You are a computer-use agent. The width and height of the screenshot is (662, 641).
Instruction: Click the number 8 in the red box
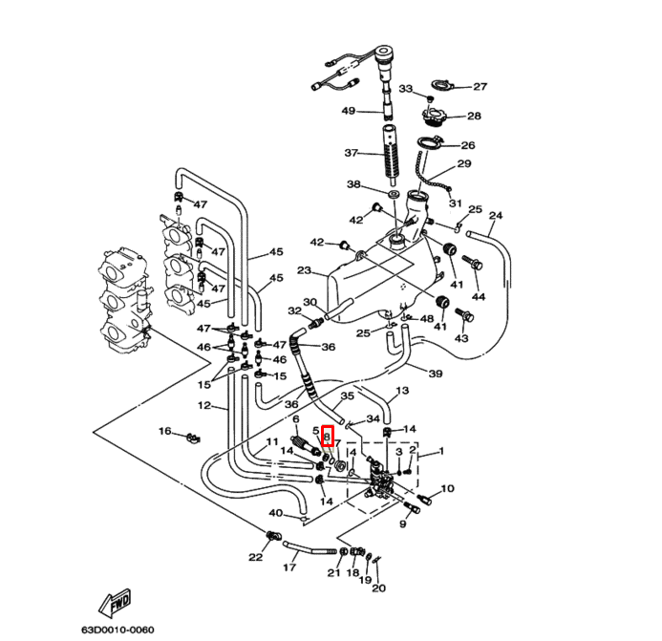point(327,437)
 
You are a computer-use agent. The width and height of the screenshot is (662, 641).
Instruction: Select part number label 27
point(479,86)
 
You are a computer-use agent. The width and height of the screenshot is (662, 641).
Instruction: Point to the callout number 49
point(349,111)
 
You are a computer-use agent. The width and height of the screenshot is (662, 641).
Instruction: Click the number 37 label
point(351,153)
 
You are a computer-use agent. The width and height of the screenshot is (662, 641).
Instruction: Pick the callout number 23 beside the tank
point(304,270)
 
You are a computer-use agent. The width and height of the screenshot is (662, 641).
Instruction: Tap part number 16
point(164,432)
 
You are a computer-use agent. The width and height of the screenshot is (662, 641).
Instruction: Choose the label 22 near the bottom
point(255,557)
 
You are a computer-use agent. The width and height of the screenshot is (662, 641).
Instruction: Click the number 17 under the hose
point(289,567)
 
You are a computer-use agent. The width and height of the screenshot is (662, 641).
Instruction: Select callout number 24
point(495,215)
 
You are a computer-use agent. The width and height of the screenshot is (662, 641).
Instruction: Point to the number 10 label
point(447,489)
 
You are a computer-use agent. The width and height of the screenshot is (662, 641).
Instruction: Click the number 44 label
point(478,296)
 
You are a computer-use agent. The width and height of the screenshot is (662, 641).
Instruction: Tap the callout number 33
point(405,89)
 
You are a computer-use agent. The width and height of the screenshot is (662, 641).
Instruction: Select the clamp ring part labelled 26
point(436,146)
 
